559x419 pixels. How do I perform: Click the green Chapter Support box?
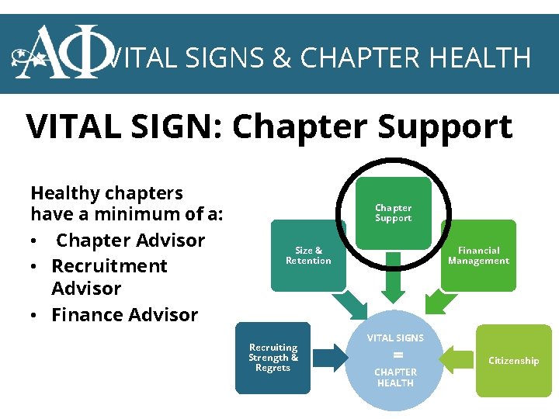pyautogui.click(x=394, y=213)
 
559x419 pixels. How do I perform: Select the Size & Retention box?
pyautogui.click(x=308, y=256)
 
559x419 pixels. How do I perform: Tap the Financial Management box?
pyautogui.click(x=478, y=255)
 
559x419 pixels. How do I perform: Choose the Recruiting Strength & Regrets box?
pyautogui.click(x=273, y=358)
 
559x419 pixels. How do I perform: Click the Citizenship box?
pyautogui.click(x=513, y=361)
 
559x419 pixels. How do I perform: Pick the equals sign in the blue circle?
pyautogui.click(x=398, y=355)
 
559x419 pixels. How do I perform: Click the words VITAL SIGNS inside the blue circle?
pyautogui.click(x=395, y=338)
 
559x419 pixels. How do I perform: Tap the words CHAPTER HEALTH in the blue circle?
pyautogui.click(x=395, y=377)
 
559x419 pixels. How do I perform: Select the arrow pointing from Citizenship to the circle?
pyautogui.click(x=456, y=359)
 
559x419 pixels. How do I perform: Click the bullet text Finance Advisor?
pyautogui.click(x=124, y=315)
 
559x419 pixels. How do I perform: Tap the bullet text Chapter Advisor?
pyautogui.click(x=130, y=241)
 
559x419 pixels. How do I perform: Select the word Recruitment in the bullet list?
pyautogui.click(x=109, y=266)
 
